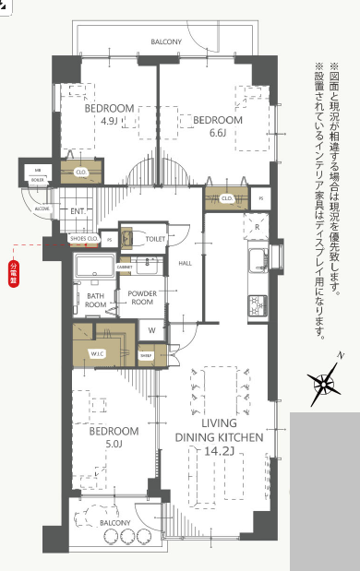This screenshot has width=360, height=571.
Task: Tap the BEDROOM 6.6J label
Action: tap(218, 126)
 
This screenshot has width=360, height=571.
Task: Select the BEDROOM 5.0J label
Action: tap(114, 436)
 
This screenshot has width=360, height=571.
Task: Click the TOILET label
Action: tap(155, 238)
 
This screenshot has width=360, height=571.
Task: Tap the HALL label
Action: tap(185, 261)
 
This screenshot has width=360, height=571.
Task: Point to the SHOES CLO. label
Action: tap(85, 239)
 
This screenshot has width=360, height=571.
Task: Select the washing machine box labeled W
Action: tap(152, 329)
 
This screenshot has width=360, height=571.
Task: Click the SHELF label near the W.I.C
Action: tap(146, 354)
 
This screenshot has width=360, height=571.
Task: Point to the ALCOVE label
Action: tap(42, 209)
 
